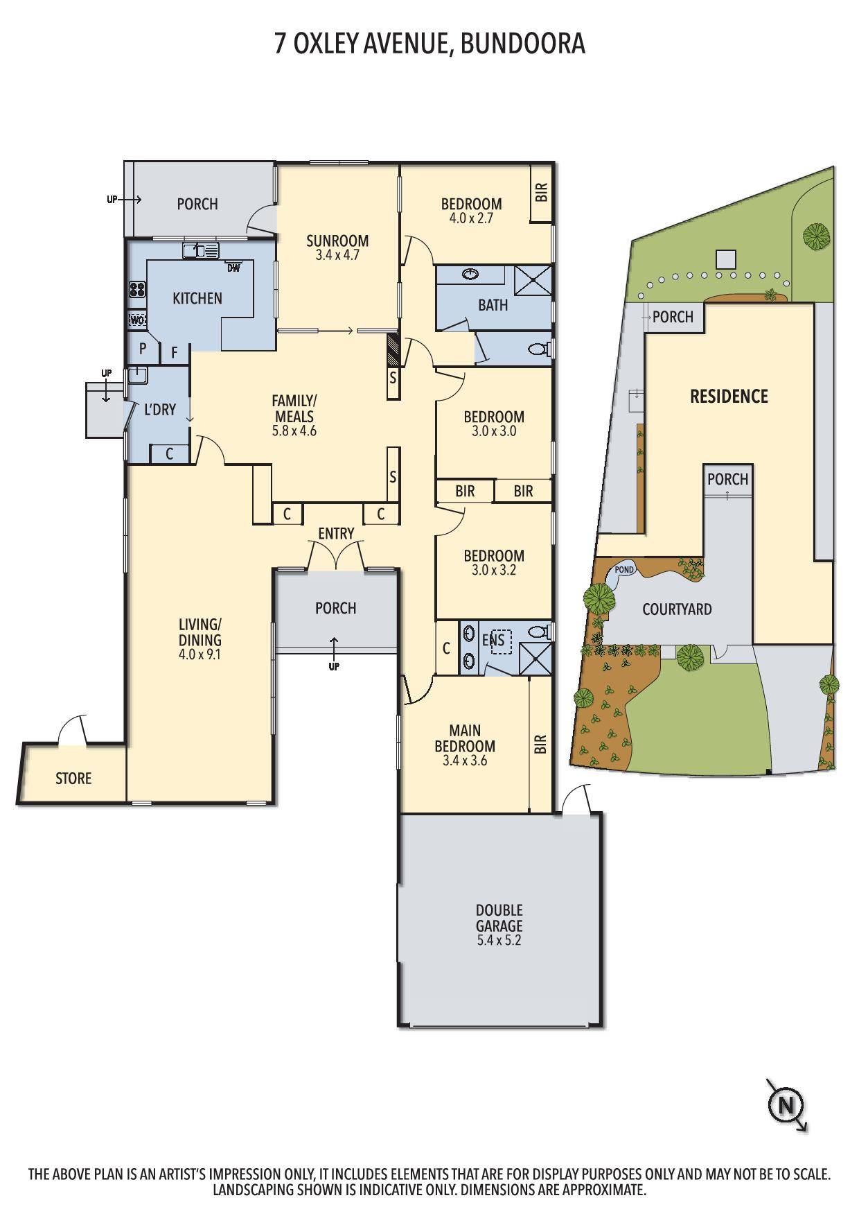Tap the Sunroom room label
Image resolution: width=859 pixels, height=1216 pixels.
pos(337,241)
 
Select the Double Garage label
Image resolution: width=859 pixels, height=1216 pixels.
pos(499,918)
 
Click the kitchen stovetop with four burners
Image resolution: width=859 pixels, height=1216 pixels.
pos(137,288)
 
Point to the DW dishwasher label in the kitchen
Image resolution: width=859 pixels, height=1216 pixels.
pos(233,268)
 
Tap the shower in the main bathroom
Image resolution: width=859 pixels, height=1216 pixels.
pos(533,281)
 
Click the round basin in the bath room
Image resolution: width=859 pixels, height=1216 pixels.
pos(471,275)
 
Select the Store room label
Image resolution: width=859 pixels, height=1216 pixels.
pos(73,779)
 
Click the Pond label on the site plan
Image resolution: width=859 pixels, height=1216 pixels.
pos(623,570)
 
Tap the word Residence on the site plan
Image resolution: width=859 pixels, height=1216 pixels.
pos(729,397)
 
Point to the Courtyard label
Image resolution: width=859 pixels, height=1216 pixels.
pos(677,609)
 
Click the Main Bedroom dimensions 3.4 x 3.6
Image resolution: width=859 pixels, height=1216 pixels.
pos(465,761)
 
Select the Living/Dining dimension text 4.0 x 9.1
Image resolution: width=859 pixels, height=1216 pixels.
pos(200,654)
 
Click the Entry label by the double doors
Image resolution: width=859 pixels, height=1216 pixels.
pos(336,534)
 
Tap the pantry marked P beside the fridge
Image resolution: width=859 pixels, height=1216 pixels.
pos(143,348)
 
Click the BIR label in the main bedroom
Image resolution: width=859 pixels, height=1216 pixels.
pos(540,745)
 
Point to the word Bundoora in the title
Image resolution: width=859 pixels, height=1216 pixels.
pos(523,44)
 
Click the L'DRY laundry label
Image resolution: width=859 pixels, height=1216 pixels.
pos(160,410)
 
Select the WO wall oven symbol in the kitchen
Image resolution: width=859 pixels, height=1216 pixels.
pos(137,320)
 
